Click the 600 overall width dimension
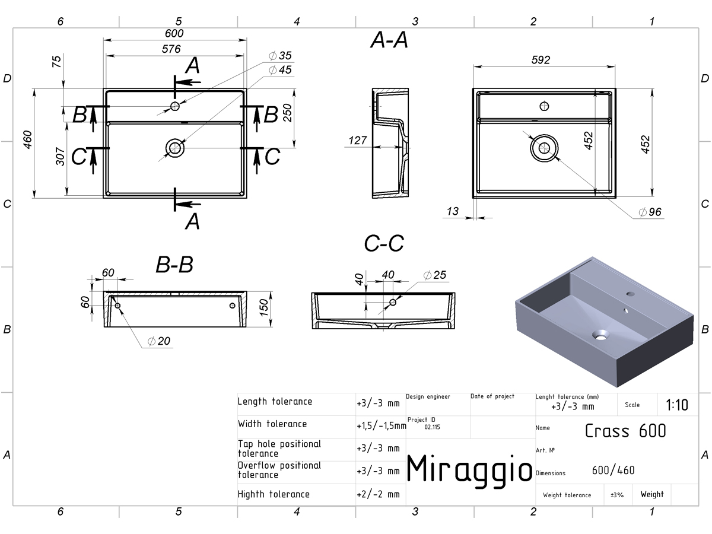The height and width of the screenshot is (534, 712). tap(174, 33)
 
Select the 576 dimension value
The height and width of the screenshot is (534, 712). tap(171, 49)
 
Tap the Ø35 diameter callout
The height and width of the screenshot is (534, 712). tap(280, 55)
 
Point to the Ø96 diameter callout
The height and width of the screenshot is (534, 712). tap(650, 212)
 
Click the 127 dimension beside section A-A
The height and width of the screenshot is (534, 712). tap(357, 141)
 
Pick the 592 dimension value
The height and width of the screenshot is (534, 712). tap(541, 60)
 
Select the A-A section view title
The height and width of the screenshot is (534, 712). tap(389, 40)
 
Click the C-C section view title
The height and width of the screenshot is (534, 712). tap(384, 243)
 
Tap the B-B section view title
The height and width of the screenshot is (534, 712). tap(174, 264)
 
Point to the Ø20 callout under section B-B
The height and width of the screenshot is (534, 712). tap(158, 341)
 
